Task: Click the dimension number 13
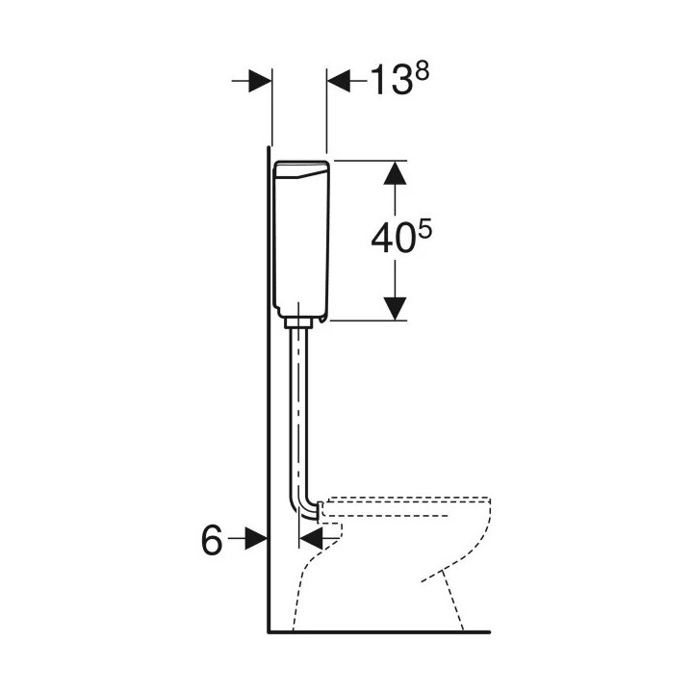[389, 81]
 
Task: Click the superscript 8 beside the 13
[423, 71]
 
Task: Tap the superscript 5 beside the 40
[424, 232]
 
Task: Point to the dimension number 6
[212, 540]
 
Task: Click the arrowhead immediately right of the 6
[256, 538]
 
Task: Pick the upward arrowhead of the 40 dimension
[395, 173]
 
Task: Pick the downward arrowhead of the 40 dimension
[395, 309]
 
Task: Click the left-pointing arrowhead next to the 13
[339, 81]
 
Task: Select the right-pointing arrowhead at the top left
[260, 81]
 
